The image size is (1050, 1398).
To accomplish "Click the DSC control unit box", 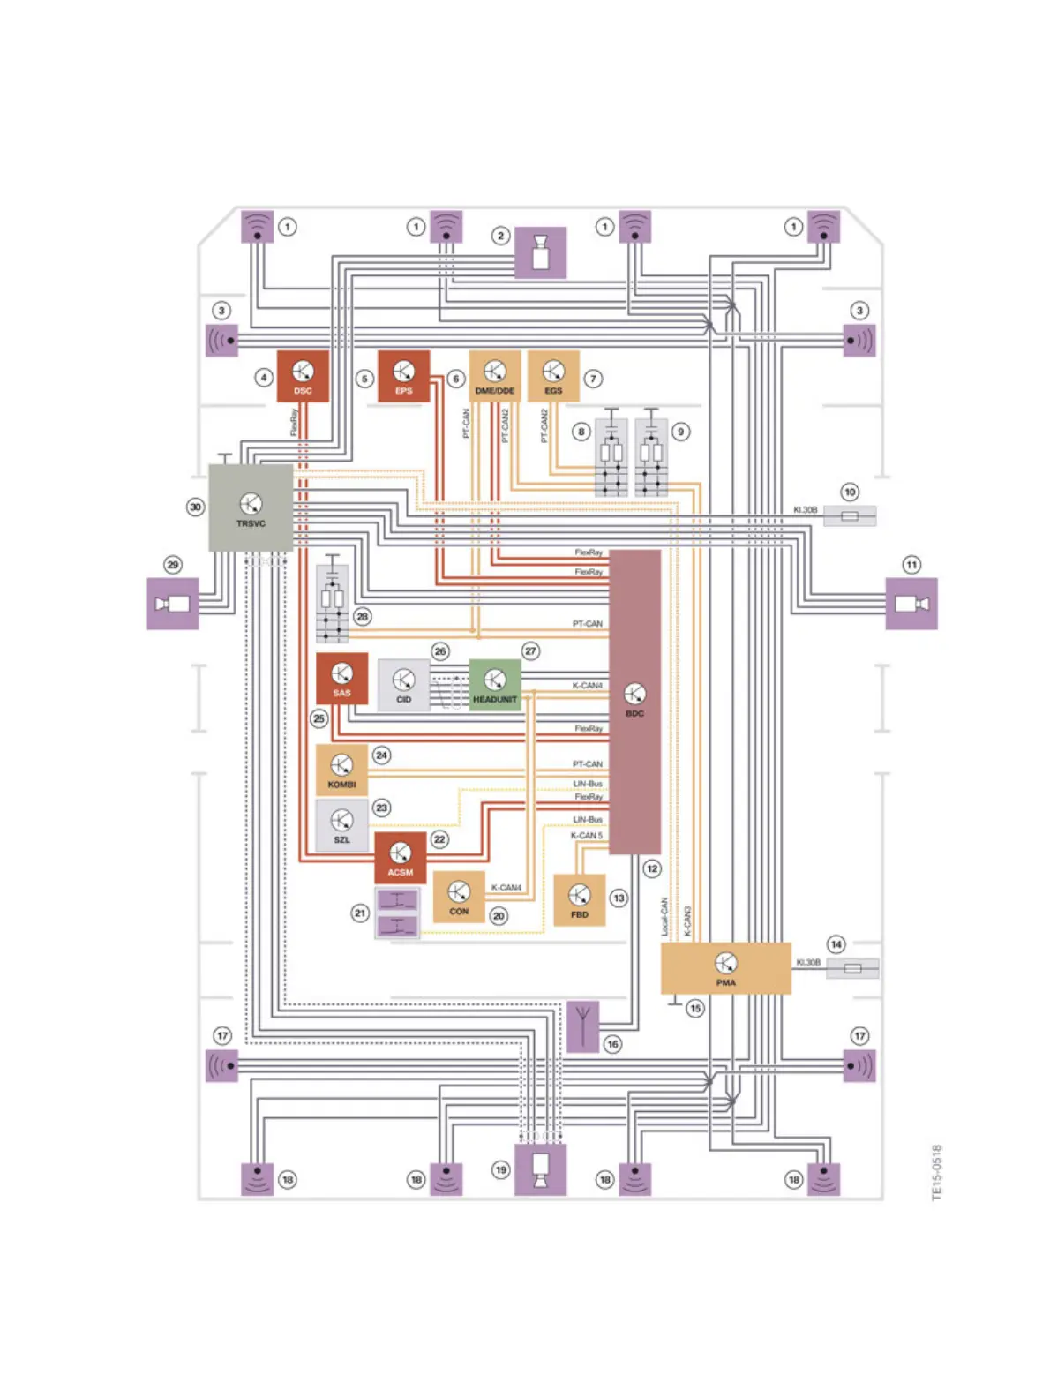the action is [x=303, y=376].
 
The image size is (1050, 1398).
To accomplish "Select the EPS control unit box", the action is [x=403, y=376].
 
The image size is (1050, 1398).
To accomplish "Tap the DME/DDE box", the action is [x=494, y=376].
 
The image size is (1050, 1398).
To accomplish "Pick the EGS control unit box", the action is [x=553, y=376].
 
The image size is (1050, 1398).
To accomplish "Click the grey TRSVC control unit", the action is [x=251, y=508].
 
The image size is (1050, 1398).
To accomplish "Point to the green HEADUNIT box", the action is [x=494, y=685].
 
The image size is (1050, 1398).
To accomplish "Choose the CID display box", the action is [x=403, y=685].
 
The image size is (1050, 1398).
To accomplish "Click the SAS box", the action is [x=341, y=679].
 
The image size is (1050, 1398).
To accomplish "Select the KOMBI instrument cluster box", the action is [x=341, y=770].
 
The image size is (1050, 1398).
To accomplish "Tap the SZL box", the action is [x=341, y=824].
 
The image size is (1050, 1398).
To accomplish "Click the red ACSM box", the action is [x=400, y=858].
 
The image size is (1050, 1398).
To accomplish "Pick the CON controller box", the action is [x=459, y=897].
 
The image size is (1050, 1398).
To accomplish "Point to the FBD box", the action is [x=579, y=900].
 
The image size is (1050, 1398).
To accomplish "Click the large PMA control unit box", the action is [x=725, y=968].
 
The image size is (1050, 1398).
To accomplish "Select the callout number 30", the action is [x=195, y=507].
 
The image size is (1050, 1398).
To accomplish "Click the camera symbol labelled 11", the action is [x=911, y=604].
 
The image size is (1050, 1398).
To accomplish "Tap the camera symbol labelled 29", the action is [x=173, y=604].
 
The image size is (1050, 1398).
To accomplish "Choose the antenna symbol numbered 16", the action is [x=582, y=1026].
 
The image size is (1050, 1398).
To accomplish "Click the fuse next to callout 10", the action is [x=850, y=515].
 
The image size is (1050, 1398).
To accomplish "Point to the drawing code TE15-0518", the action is [x=936, y=1172].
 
